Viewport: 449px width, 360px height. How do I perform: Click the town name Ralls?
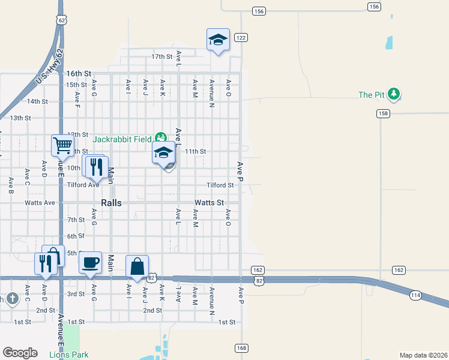[111, 203]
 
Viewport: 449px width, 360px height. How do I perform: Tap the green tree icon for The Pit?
[394, 94]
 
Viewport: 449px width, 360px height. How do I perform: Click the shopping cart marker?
[62, 145]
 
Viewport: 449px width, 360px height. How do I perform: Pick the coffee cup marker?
[90, 262]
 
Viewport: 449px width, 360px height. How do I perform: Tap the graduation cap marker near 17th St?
[218, 40]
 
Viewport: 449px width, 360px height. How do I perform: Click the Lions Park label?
[69, 355]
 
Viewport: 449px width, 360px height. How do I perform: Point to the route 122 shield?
[241, 37]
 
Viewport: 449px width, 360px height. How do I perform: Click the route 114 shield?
[416, 295]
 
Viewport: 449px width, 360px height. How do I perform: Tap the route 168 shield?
[241, 348]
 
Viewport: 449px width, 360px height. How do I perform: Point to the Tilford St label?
[220, 185]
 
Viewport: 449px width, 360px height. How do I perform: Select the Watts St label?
[209, 203]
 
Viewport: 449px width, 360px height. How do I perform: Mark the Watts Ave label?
[40, 203]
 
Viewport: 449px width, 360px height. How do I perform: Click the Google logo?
[20, 353]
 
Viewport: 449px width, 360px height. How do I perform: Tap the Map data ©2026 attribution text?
[423, 355]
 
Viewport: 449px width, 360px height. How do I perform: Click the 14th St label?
[37, 101]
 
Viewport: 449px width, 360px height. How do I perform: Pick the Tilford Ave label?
[83, 185]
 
